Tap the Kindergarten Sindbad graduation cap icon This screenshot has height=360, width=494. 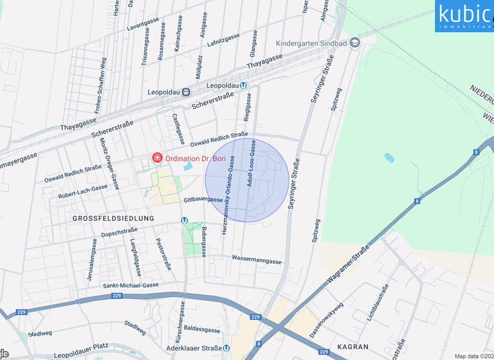click(x=354, y=43)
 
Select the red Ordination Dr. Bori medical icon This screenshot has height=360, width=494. click(x=156, y=157)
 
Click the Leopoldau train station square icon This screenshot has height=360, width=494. click(x=186, y=92)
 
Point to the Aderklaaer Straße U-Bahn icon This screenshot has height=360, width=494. click(x=226, y=348)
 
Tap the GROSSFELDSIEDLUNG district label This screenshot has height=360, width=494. click(x=113, y=219)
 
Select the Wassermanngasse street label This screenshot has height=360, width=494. click(x=257, y=261)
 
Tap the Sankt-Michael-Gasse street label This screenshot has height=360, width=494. click(x=131, y=285)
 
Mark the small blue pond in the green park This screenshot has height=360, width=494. click(x=389, y=157)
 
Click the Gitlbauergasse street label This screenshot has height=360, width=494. click(x=203, y=200)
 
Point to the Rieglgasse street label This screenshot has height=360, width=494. click(x=248, y=107)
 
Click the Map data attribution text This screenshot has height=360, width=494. click(x=473, y=356)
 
